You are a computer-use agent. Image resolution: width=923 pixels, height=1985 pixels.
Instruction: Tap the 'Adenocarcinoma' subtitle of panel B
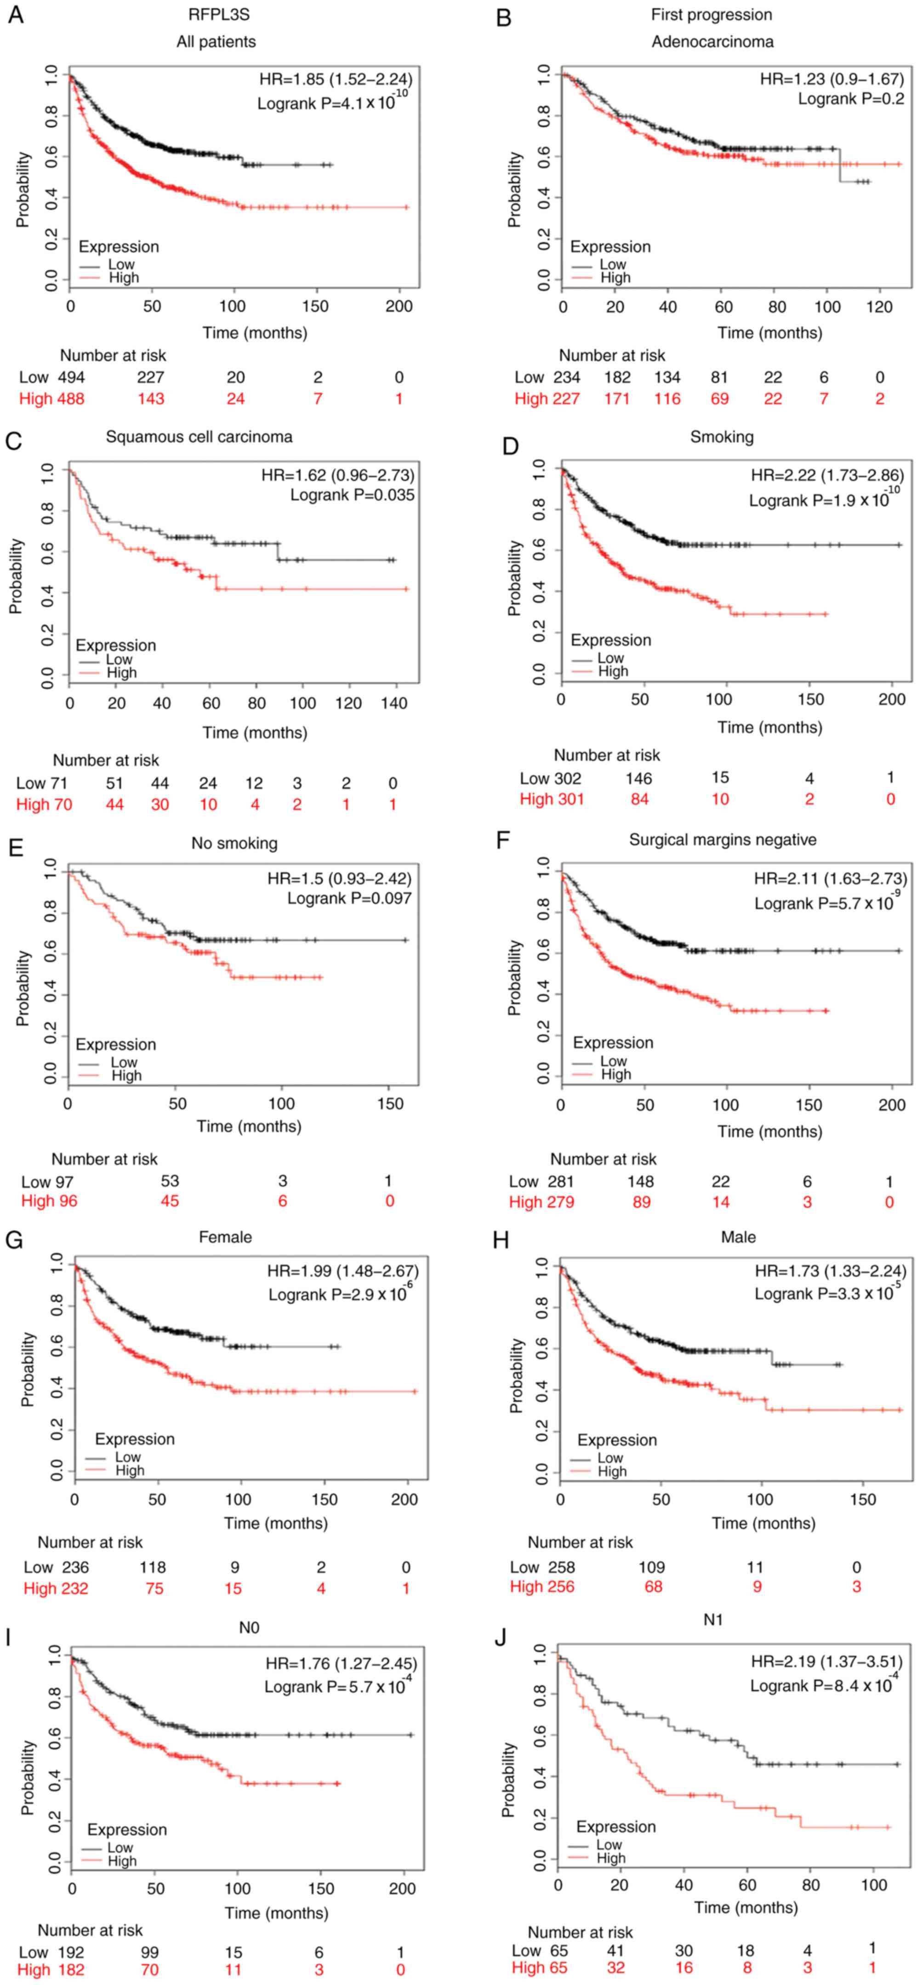[x=712, y=42]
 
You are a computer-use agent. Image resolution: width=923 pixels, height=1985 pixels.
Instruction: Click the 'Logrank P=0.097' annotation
[x=349, y=898]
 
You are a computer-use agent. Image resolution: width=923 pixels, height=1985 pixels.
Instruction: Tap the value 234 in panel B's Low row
[x=566, y=377]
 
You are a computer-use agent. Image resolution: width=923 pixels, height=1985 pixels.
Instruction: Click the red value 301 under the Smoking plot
[x=569, y=799]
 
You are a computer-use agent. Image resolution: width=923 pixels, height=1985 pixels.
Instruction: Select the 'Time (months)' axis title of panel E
[x=248, y=1127]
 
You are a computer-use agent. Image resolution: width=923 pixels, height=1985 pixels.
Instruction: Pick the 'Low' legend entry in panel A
[x=121, y=264]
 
